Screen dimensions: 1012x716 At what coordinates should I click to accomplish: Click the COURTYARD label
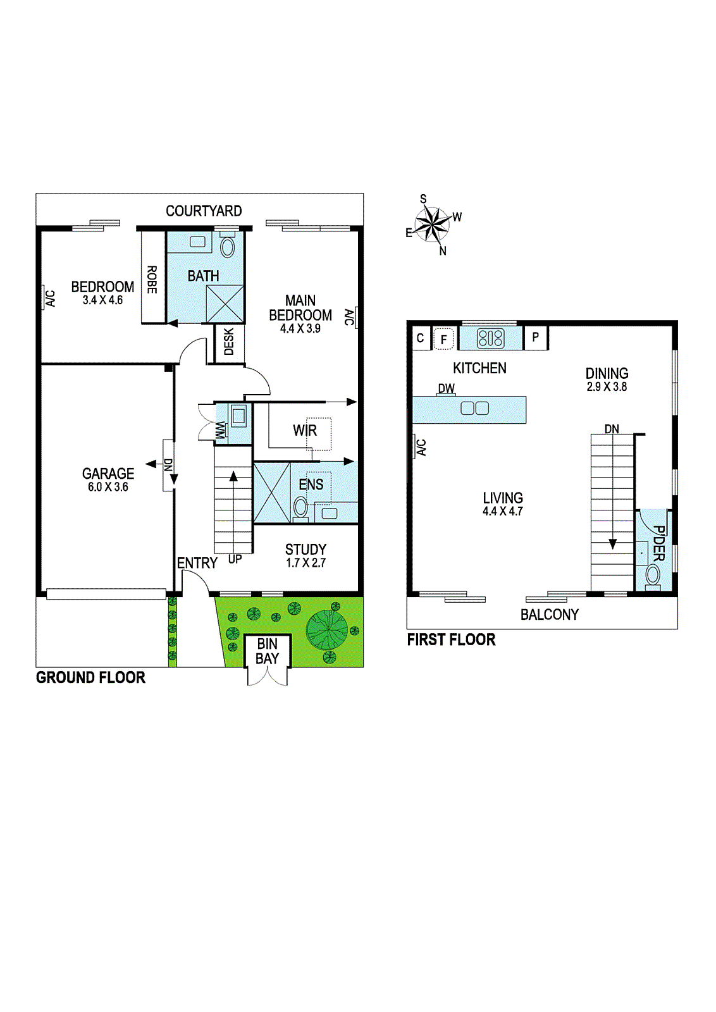click(204, 211)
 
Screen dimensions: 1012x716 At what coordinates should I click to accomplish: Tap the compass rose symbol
click(433, 225)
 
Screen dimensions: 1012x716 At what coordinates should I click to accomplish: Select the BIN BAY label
click(267, 651)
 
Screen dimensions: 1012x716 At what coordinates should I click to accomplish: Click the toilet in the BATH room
click(227, 246)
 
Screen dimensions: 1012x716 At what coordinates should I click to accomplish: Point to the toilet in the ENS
click(301, 507)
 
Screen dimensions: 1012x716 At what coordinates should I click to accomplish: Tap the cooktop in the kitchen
click(491, 338)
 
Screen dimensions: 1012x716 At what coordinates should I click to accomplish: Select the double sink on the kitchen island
click(475, 408)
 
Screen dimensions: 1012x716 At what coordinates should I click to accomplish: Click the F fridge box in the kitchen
click(443, 339)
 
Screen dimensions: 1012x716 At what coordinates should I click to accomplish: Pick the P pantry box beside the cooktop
click(536, 338)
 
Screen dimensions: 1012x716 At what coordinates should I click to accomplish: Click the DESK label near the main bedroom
click(229, 342)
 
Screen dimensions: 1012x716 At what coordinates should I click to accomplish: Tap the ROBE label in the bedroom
click(152, 279)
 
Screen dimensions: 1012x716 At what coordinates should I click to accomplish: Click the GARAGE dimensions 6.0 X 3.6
click(108, 487)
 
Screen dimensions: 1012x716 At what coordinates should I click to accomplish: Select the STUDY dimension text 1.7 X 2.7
click(306, 563)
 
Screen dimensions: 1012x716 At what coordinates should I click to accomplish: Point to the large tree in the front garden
click(327, 629)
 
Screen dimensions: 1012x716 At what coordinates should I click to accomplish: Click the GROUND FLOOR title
click(90, 677)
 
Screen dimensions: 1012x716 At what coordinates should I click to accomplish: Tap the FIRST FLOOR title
click(451, 639)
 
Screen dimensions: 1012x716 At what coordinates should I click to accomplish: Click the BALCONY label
click(549, 615)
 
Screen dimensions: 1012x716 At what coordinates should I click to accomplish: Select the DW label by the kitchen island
click(447, 388)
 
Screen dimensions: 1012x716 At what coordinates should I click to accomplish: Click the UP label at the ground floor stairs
click(235, 559)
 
